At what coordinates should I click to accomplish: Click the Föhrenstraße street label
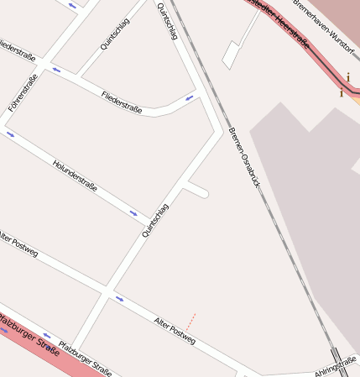click(23, 94)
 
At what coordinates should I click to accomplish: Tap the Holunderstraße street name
click(75, 175)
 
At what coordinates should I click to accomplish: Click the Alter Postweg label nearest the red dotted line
click(175, 329)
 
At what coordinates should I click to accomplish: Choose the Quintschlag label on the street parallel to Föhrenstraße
click(115, 34)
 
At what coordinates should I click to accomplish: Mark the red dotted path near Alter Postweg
click(190, 322)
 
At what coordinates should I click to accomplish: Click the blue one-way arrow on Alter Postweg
click(120, 298)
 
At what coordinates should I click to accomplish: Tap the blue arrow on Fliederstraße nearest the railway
click(190, 98)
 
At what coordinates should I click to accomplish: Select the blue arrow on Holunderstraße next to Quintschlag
click(133, 213)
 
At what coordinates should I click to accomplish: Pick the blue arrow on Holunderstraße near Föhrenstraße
click(10, 134)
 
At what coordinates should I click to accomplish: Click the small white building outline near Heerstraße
click(231, 55)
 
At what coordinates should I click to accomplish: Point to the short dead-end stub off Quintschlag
click(196, 189)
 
